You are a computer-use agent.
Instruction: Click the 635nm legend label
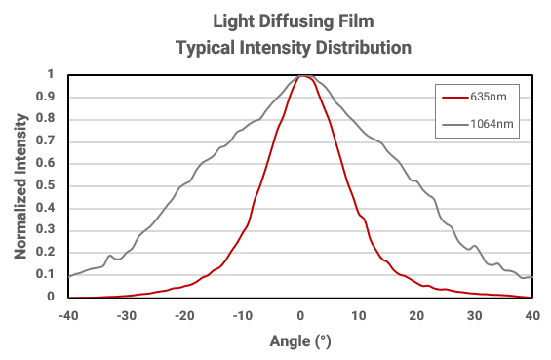[487, 98]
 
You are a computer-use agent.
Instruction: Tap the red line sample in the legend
[453, 98]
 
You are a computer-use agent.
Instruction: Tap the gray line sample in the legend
[453, 124]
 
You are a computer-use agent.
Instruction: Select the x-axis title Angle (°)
[300, 341]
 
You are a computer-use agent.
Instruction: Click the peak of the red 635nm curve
[302, 75]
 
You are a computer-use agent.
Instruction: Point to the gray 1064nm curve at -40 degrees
[69, 276]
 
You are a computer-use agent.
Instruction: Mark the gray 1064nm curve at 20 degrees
[416, 181]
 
